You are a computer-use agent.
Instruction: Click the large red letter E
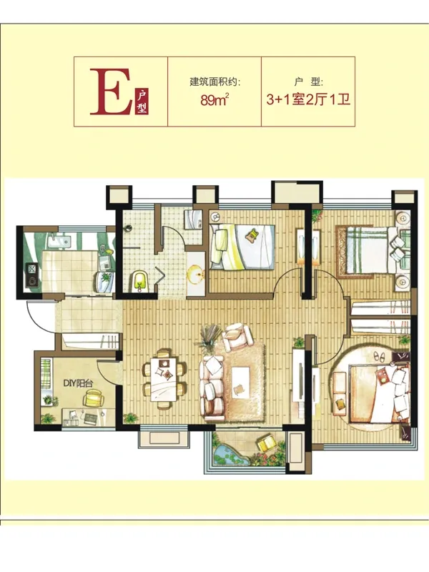click(111, 92)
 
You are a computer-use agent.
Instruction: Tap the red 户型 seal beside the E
click(142, 101)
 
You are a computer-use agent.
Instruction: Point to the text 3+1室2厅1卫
click(308, 99)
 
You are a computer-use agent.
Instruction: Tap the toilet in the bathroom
click(139, 282)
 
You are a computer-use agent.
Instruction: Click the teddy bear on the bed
click(252, 235)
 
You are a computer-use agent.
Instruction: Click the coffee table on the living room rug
click(240, 382)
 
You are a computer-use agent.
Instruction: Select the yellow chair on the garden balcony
click(267, 442)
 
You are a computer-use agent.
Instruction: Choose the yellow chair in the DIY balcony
click(94, 398)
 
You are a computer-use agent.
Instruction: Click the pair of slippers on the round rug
click(379, 356)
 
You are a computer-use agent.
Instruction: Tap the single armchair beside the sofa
click(237, 335)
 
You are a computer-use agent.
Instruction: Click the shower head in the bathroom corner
click(128, 228)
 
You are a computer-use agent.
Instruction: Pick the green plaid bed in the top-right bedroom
click(370, 250)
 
